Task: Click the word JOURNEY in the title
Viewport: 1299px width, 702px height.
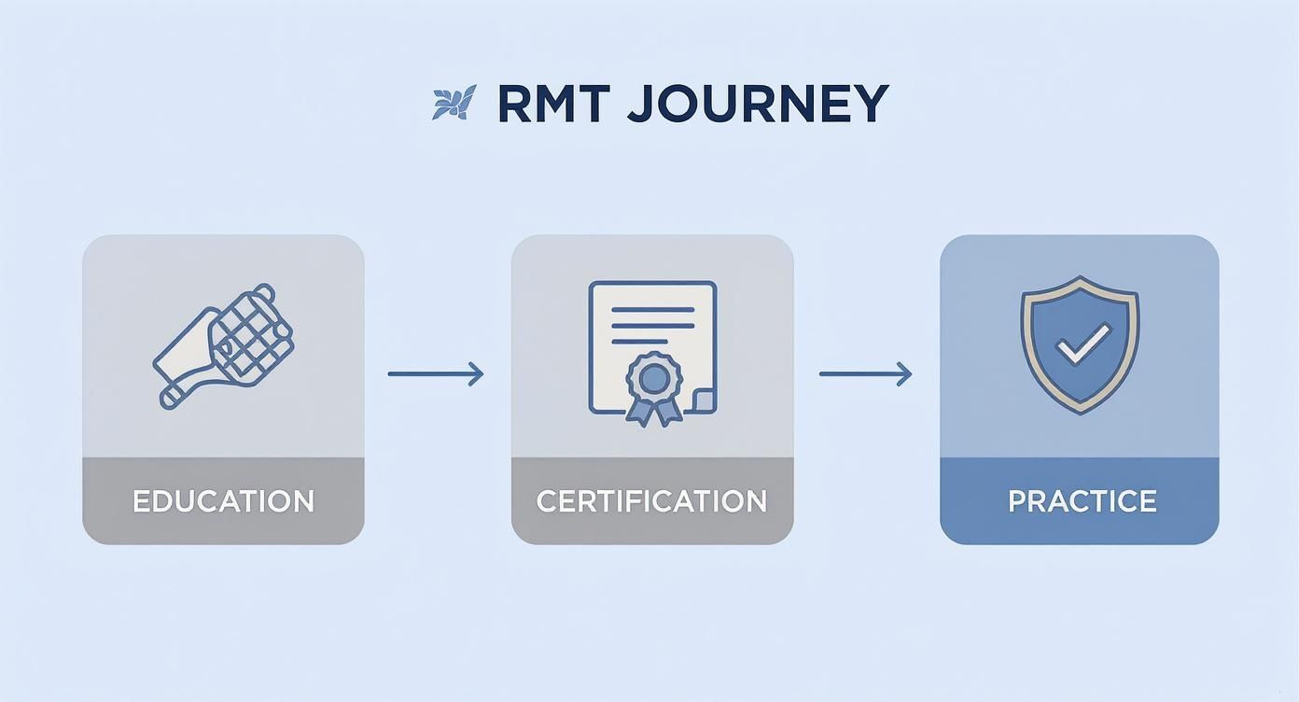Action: (x=757, y=104)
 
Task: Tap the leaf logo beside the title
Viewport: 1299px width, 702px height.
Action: (x=454, y=102)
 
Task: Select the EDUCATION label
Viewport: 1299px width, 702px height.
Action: (x=223, y=501)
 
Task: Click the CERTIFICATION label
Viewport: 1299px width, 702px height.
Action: (x=651, y=501)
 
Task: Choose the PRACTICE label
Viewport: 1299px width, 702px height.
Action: (x=1082, y=501)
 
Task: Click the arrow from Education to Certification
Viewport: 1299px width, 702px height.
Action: (x=435, y=374)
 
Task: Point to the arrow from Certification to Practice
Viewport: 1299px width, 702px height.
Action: (x=864, y=374)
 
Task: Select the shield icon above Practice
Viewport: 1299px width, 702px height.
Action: (x=1080, y=344)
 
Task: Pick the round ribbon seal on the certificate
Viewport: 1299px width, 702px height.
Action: (x=654, y=377)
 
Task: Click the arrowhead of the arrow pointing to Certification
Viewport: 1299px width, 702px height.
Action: (x=476, y=374)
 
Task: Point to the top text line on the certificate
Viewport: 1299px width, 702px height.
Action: (x=652, y=305)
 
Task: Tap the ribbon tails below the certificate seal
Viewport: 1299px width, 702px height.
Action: (x=653, y=411)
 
